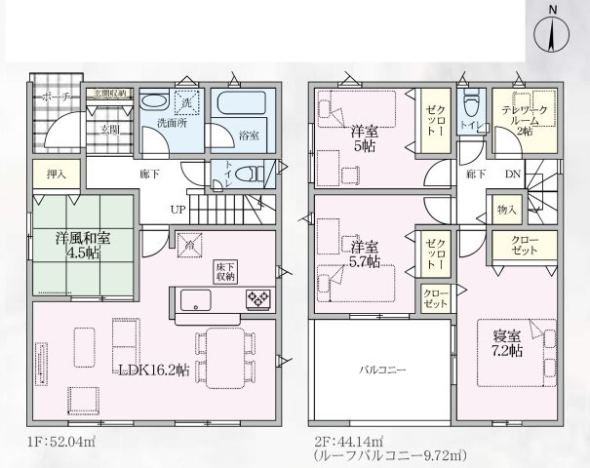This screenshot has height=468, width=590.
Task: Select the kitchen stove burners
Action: click(258, 298)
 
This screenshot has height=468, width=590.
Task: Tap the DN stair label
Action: click(514, 175)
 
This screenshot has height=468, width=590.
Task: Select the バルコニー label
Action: click(380, 370)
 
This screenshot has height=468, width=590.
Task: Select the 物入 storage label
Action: click(507, 209)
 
